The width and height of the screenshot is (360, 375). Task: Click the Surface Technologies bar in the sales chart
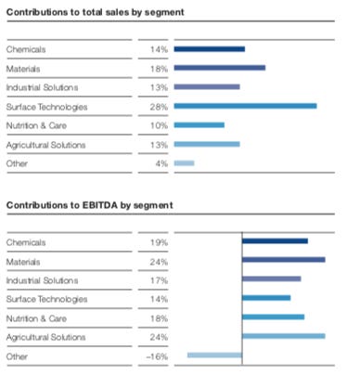(245, 106)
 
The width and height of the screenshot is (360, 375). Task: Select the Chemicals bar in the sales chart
(209, 48)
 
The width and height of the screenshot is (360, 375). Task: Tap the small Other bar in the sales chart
(184, 163)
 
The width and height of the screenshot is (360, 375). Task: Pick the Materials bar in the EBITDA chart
(283, 259)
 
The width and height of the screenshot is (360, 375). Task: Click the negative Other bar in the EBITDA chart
(214, 355)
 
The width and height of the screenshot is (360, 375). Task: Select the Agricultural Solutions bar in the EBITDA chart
(283, 335)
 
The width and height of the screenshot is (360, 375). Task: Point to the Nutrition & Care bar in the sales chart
(199, 124)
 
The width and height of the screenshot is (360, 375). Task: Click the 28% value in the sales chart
(158, 106)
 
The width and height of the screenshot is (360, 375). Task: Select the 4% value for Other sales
(161, 163)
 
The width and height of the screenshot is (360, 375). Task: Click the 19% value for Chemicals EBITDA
(158, 240)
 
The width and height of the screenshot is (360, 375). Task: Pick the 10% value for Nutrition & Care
(158, 124)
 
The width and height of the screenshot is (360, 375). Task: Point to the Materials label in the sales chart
(22, 68)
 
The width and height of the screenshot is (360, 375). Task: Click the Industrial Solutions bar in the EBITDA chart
(271, 278)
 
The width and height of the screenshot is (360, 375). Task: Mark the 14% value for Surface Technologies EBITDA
(158, 298)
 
